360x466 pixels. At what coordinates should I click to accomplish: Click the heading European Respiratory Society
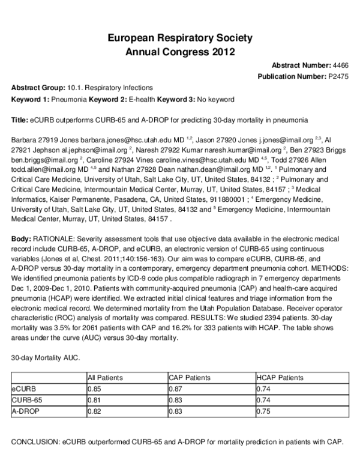coord(179,38)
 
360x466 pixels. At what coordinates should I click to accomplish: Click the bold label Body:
coord(22,239)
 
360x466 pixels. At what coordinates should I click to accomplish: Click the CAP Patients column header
coord(190,377)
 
